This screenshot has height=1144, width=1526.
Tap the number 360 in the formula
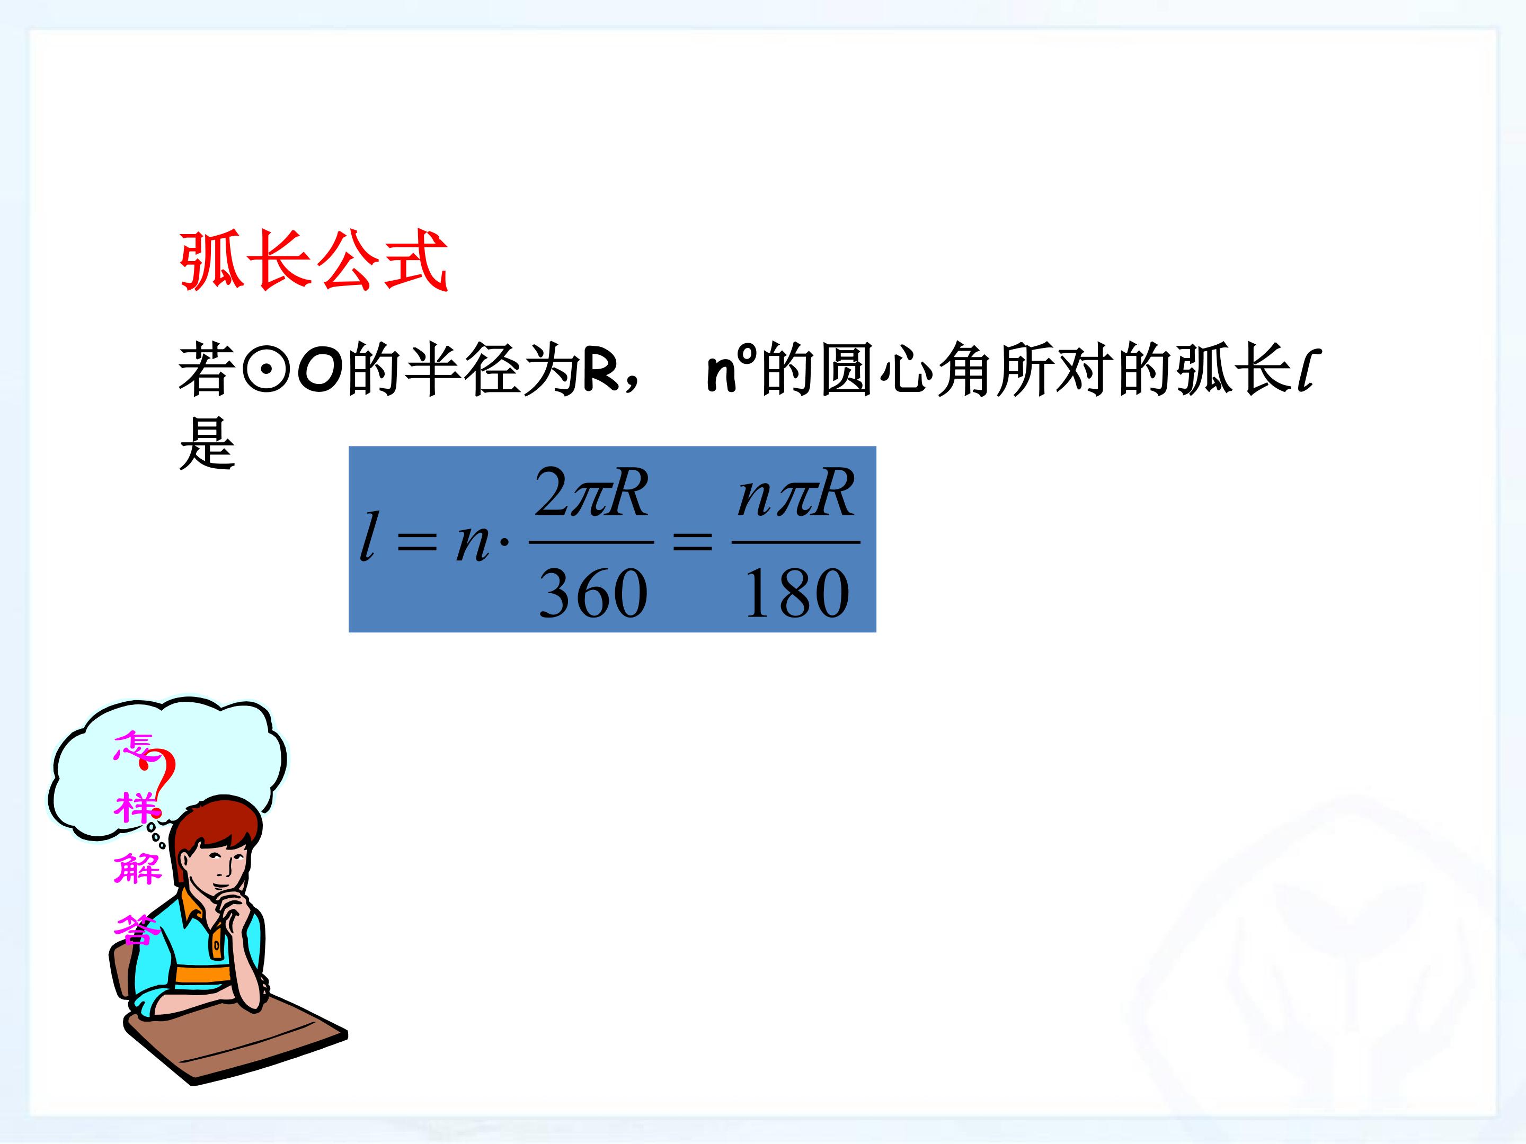pyautogui.click(x=592, y=593)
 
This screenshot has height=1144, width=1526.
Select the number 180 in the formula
pyautogui.click(x=796, y=593)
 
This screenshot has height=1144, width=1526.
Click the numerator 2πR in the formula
pyautogui.click(x=592, y=493)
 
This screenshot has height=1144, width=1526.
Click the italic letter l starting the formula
pyautogui.click(x=370, y=536)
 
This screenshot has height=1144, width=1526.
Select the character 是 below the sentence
pyautogui.click(x=207, y=445)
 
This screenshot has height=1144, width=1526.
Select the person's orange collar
pyautogui.click(x=197, y=907)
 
